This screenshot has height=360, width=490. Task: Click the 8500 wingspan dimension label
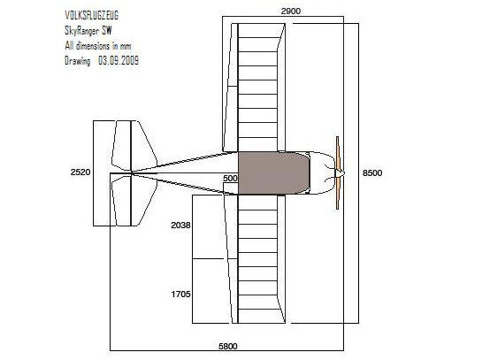(x=372, y=173)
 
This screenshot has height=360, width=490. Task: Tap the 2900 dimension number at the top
(x=291, y=11)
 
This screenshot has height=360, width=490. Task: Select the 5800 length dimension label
(x=228, y=346)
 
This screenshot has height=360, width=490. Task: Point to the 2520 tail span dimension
(x=80, y=172)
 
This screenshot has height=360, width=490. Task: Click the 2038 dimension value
(x=180, y=226)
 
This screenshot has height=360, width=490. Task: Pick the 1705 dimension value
(x=180, y=294)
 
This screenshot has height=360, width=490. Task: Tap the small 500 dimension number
(x=230, y=179)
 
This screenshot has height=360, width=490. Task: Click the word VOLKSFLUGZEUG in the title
(x=92, y=15)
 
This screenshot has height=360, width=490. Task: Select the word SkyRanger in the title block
(x=81, y=31)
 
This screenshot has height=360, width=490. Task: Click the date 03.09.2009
(x=119, y=60)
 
